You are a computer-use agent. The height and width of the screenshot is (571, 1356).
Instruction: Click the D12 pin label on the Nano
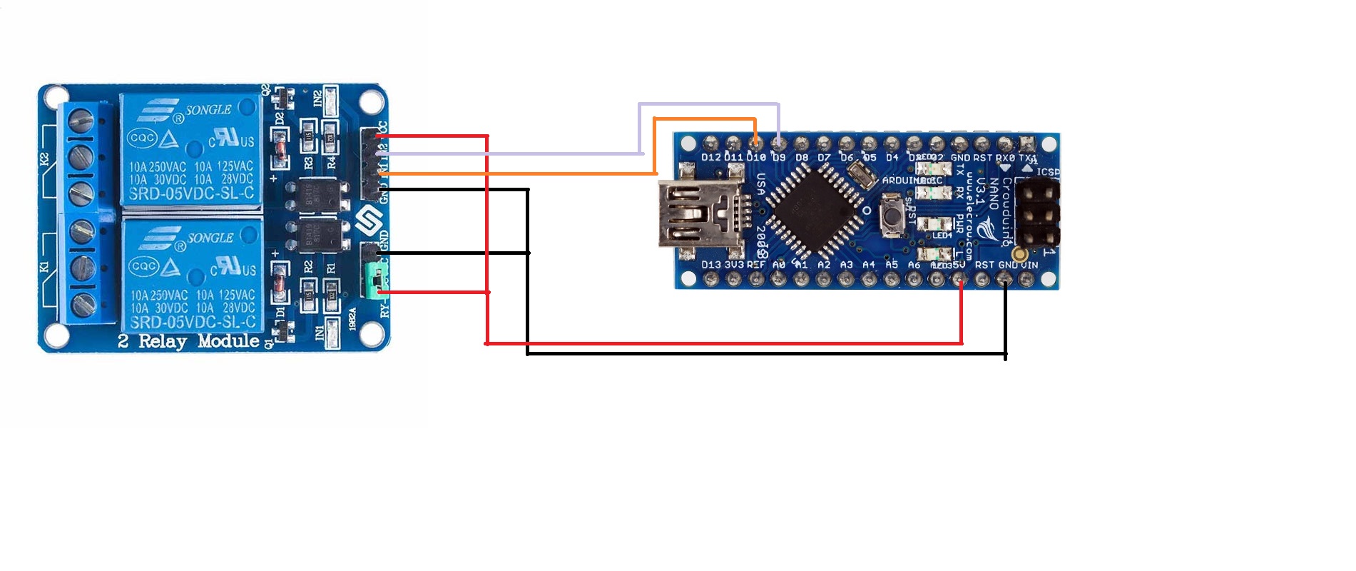click(711, 157)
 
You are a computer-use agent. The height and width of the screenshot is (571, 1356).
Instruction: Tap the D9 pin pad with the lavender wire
click(778, 143)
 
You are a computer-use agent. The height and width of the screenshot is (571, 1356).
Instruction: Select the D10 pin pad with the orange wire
click(755, 143)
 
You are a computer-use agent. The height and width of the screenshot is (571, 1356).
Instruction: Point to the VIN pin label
click(1029, 265)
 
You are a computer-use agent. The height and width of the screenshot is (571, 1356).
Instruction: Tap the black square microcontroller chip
click(815, 209)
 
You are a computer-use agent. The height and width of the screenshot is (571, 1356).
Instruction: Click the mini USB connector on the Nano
click(695, 213)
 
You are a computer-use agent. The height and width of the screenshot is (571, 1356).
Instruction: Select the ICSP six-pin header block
click(1036, 213)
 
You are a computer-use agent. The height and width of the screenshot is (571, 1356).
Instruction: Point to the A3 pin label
click(846, 265)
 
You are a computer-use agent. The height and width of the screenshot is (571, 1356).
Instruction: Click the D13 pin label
click(711, 265)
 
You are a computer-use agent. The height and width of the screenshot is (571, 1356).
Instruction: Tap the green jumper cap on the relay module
click(372, 280)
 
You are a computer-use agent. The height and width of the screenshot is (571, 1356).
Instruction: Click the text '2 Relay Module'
click(188, 341)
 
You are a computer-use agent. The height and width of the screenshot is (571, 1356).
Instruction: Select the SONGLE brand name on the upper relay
click(208, 110)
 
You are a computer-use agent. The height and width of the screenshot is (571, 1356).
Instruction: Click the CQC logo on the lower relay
click(143, 266)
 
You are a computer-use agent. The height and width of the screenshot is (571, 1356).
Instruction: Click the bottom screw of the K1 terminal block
click(83, 303)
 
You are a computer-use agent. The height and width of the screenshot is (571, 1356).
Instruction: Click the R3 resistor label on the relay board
click(308, 163)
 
